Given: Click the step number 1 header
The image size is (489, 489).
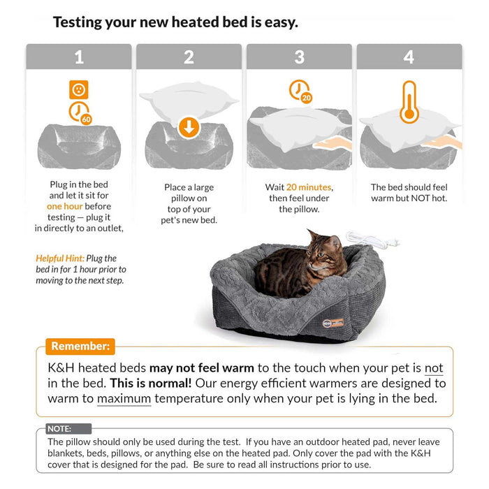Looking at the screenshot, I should [78, 57].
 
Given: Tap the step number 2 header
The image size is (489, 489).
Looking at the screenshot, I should [189, 57].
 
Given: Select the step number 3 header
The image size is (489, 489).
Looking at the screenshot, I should [299, 57].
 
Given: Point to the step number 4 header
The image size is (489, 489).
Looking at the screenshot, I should [409, 57].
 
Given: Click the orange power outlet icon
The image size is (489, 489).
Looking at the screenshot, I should [79, 89].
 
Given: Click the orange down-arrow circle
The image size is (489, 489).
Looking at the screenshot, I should [189, 127].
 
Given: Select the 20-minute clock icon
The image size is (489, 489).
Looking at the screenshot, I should [300, 92].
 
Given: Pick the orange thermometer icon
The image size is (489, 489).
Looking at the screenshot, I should [409, 102].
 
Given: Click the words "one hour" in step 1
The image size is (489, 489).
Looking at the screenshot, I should [64, 207].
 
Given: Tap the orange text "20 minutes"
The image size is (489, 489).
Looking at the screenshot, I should [309, 187].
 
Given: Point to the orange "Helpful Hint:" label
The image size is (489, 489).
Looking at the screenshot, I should [60, 258].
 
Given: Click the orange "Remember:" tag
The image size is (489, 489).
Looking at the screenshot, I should [80, 346].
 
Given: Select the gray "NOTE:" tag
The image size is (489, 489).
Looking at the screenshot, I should [59, 429].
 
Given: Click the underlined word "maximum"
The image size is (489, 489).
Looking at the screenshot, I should [124, 399].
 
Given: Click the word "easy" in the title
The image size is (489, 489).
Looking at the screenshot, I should [277, 22].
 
